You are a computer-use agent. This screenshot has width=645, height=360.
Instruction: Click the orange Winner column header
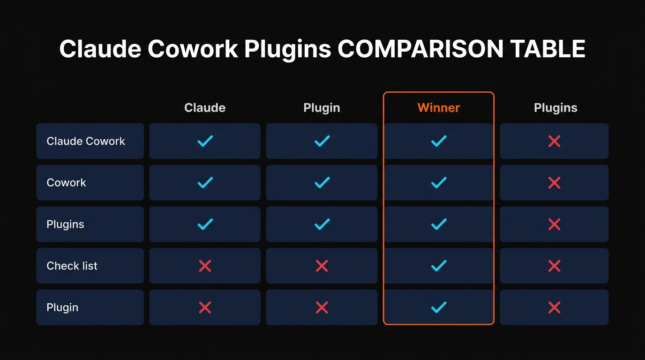[438, 108]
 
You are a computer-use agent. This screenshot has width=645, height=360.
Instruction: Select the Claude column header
[205, 108]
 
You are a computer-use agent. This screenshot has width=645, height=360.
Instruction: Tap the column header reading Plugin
[322, 108]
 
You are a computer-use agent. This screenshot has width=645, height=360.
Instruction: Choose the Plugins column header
[555, 108]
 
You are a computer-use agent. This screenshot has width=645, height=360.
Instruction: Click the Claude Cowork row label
[86, 141]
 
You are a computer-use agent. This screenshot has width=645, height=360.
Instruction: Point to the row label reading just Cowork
[66, 183]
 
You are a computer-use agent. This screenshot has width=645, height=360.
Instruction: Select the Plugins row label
[65, 224]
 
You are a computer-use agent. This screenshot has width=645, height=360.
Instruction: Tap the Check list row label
[72, 266]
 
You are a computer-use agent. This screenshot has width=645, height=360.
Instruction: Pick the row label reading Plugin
[62, 307]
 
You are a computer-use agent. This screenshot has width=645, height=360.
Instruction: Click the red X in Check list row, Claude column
[205, 266]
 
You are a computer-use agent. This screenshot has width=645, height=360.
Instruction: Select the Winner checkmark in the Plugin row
[438, 307]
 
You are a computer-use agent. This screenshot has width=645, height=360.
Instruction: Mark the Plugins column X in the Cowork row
[554, 183]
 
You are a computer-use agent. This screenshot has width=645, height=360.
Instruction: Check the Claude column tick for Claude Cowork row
[205, 141]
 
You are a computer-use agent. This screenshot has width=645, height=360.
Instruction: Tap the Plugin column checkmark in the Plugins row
[322, 224]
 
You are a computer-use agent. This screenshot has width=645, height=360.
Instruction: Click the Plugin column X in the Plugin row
[322, 307]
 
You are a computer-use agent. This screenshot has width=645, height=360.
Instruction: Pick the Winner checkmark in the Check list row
[438, 266]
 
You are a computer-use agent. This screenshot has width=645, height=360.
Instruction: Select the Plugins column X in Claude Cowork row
[554, 141]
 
